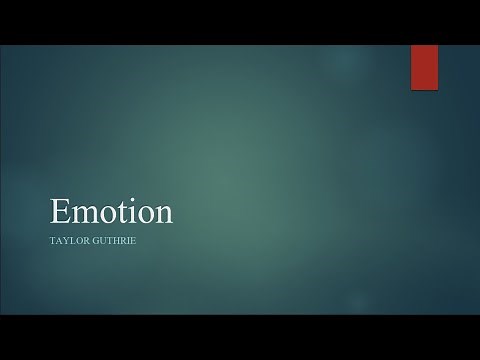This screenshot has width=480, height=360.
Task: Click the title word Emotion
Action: tap(111, 212)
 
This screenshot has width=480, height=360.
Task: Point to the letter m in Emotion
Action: tap(86, 215)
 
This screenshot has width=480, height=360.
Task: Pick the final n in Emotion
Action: tap(162, 215)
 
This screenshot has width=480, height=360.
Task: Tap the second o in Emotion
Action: tap(145, 215)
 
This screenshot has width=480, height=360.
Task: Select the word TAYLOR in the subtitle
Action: tap(70, 241)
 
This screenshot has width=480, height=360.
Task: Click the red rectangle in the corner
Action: tap(424, 67)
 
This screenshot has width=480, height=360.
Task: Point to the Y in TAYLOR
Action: tap(67, 241)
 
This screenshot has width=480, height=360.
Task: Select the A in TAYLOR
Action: tap(60, 241)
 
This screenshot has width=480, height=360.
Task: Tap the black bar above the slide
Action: tap(240, 21)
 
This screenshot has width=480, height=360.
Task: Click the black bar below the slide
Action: tap(240, 337)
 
